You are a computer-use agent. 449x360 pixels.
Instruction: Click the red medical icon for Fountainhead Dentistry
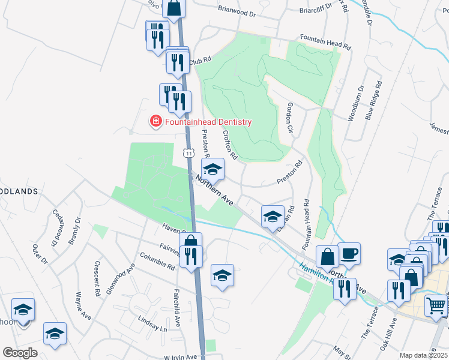tap(156, 122)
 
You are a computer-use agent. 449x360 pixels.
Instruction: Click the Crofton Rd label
tap(231, 146)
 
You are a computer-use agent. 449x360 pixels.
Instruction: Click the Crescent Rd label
tap(97, 278)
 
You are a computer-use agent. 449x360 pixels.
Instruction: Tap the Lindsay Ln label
tap(152, 325)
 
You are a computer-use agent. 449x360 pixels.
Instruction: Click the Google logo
tap(20, 352)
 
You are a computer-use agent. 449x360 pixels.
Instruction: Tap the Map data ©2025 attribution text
tap(423, 355)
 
